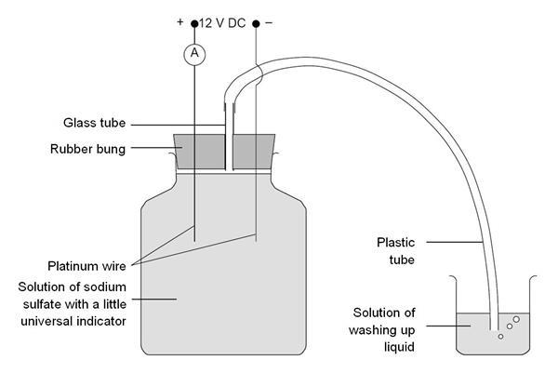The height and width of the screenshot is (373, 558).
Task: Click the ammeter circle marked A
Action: (x=194, y=54)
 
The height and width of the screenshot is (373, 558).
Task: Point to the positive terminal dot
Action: (x=194, y=23)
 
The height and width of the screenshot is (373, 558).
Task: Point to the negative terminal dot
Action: (x=256, y=23)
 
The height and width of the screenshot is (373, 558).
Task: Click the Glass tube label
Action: (x=93, y=123)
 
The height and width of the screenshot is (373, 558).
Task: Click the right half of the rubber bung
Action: (x=254, y=150)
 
